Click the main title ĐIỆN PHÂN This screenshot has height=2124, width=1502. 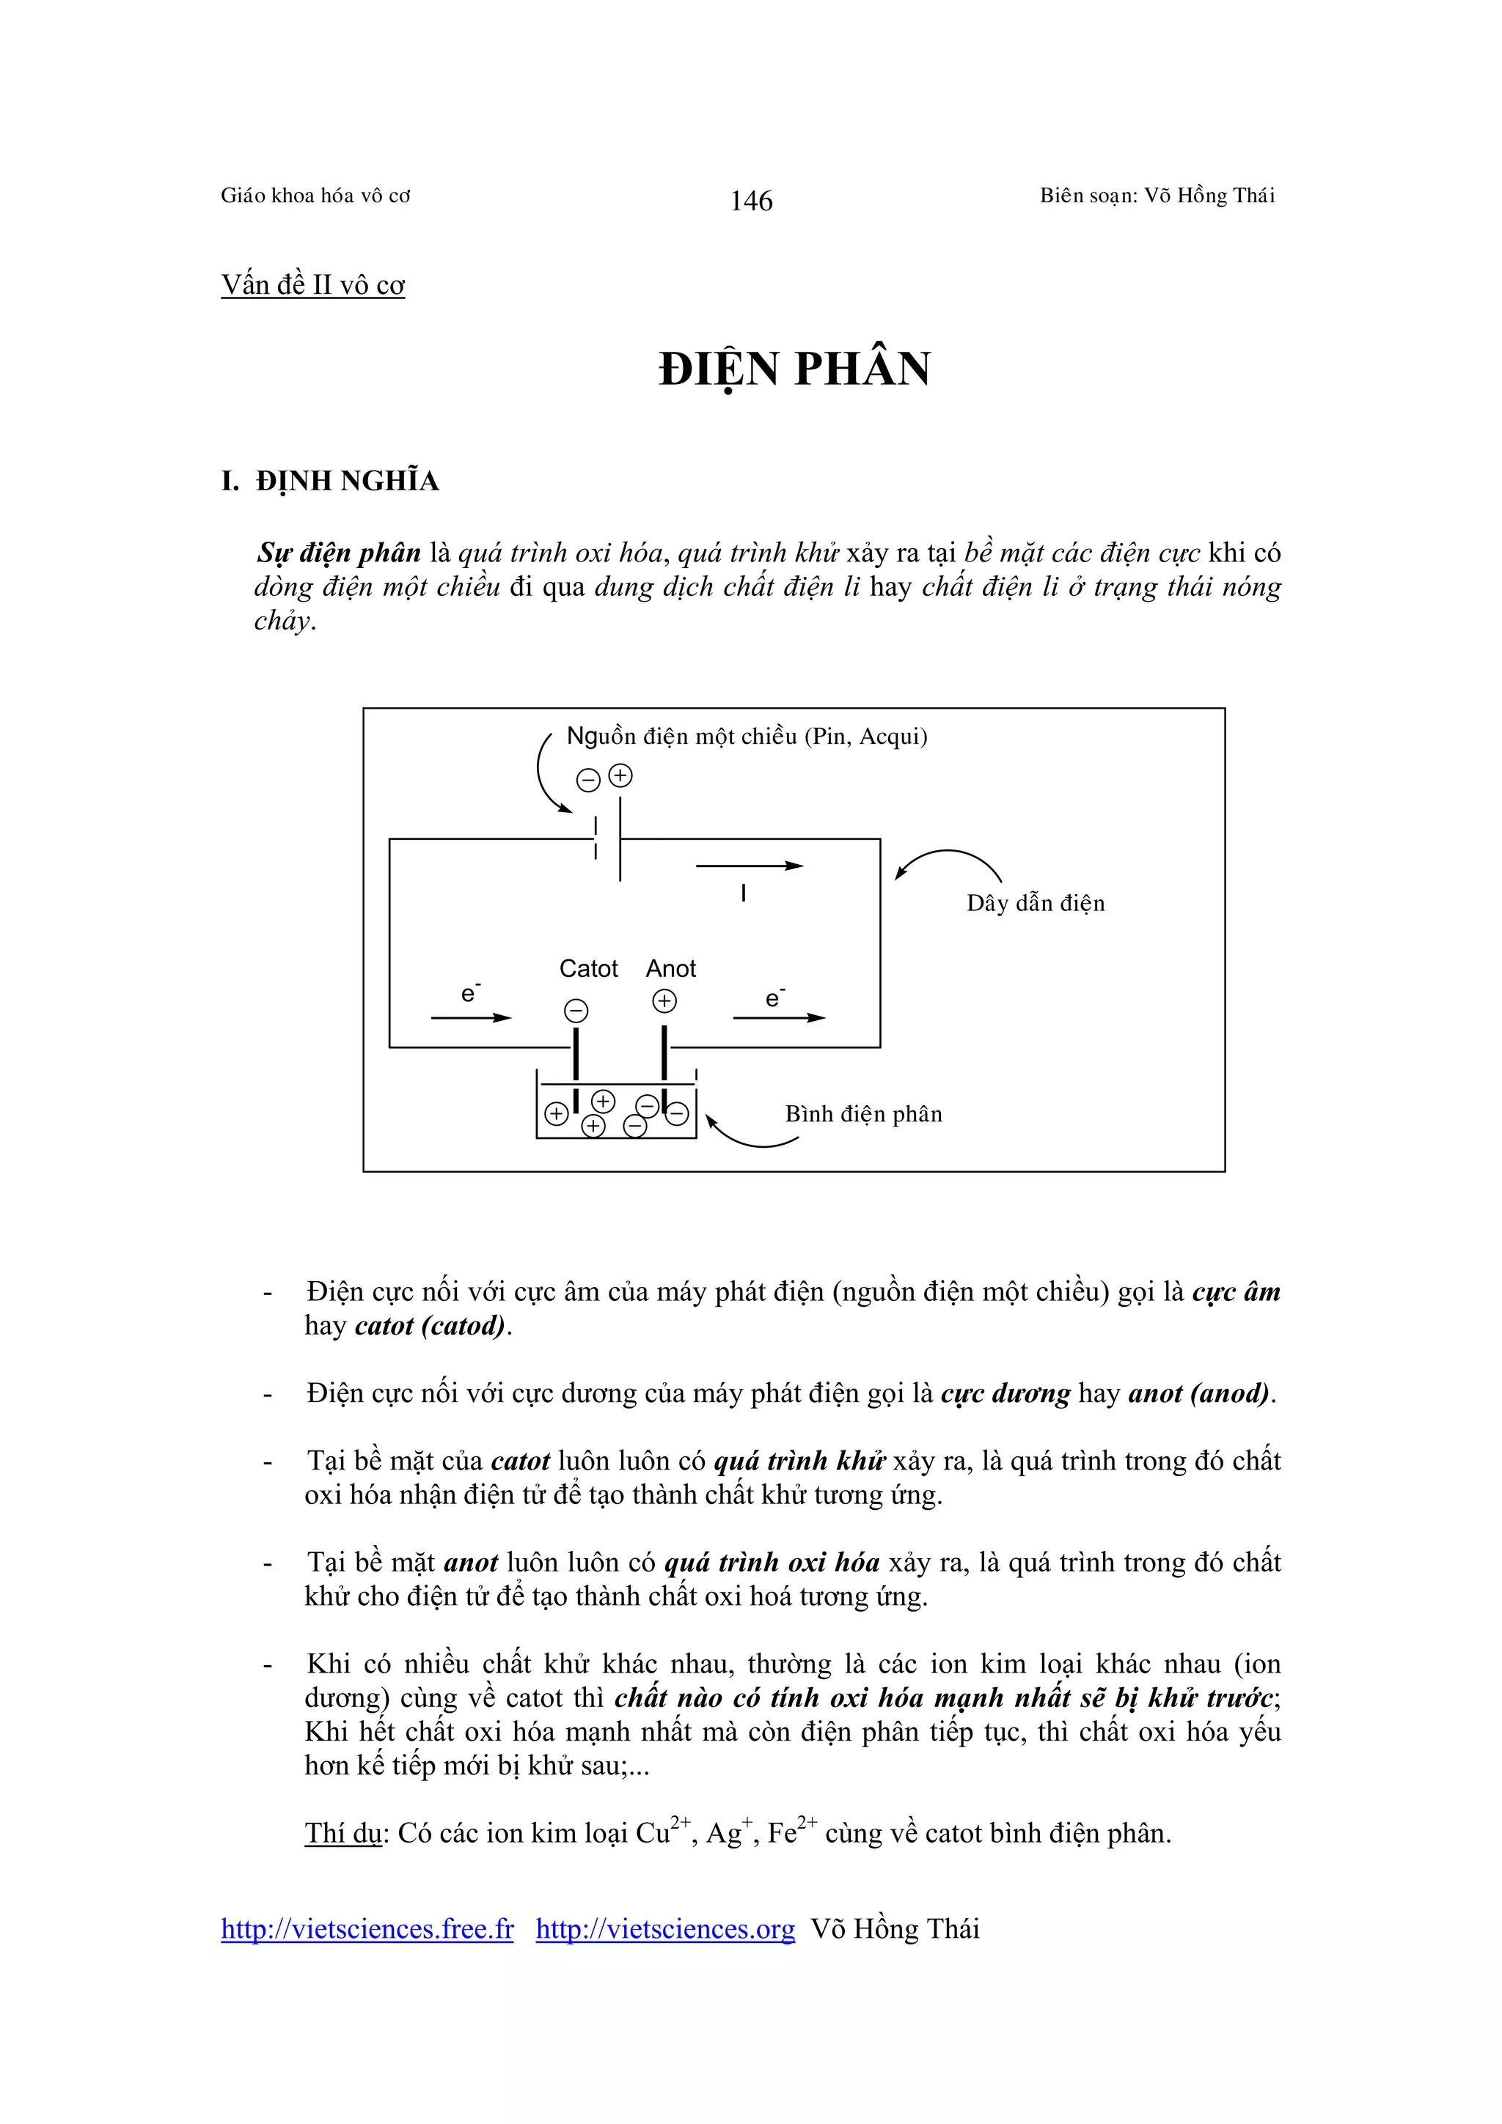(x=794, y=369)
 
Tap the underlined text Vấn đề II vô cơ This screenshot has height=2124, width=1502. (x=313, y=285)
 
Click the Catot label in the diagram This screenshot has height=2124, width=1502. (x=589, y=969)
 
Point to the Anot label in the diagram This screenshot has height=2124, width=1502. (x=671, y=969)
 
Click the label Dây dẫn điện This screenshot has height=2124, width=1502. (x=1036, y=903)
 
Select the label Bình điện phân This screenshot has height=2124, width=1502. (x=863, y=1114)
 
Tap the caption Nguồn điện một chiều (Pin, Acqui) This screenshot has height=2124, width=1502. (x=747, y=737)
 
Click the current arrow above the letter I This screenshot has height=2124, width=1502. (x=749, y=866)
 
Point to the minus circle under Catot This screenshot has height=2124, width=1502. (x=576, y=1010)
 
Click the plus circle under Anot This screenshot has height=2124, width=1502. (x=664, y=1001)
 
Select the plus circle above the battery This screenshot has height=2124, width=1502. (x=620, y=776)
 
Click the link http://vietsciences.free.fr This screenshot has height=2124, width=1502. (x=367, y=1929)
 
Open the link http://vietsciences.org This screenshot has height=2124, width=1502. (x=665, y=1929)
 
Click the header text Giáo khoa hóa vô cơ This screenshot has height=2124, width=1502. (x=315, y=195)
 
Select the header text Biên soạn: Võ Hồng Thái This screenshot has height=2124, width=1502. (x=1157, y=195)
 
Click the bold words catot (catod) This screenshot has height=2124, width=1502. (x=431, y=1326)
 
